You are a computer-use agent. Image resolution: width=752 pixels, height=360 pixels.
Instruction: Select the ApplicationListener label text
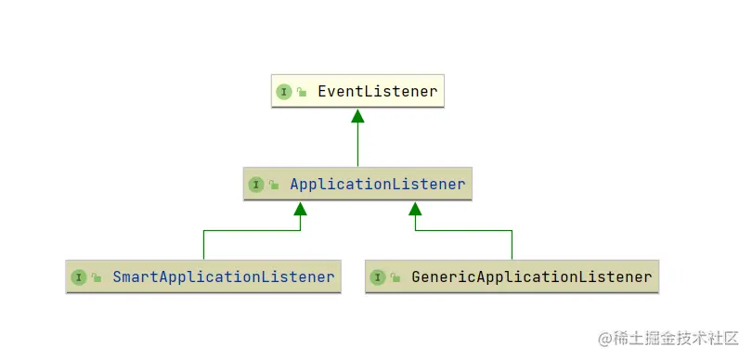tap(377, 185)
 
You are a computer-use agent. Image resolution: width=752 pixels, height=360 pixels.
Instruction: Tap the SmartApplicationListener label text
tap(223, 277)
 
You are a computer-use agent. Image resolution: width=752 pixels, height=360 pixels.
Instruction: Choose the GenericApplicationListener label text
tap(531, 277)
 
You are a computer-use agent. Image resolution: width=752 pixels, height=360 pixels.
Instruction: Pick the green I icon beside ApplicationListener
tap(256, 185)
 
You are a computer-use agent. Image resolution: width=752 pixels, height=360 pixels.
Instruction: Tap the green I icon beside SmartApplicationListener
tap(79, 277)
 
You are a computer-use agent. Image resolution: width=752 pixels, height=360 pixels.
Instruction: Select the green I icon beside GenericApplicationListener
tap(378, 277)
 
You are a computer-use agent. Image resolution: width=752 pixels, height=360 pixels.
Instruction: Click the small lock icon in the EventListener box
tap(302, 93)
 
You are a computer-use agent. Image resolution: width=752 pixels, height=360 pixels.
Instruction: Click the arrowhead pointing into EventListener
tap(357, 116)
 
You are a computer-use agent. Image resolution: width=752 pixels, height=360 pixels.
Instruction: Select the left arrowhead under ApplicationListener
tap(300, 209)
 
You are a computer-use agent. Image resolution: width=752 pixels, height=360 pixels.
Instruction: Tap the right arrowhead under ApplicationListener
tap(415, 209)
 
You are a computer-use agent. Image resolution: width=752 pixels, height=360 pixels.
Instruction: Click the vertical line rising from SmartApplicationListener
tap(203, 246)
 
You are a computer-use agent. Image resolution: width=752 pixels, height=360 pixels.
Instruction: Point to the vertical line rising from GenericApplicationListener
tap(512, 246)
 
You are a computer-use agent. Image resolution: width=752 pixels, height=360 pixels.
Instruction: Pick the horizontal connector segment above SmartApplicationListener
tap(251, 231)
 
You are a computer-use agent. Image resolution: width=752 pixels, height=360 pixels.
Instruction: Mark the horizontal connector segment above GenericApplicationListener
tap(464, 231)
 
